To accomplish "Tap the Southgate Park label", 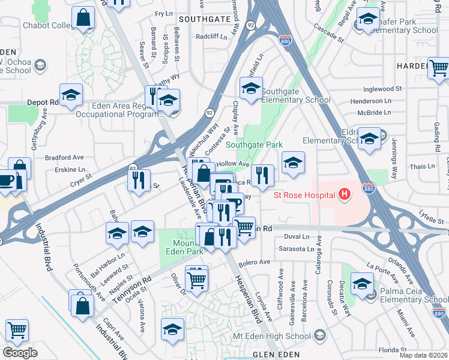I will tap(254, 145).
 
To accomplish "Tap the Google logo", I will tap(20, 353).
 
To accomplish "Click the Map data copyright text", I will tap(424, 356).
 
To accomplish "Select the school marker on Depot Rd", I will tap(71, 97).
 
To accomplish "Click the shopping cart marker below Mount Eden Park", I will tap(196, 279).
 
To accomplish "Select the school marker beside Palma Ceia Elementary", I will tap(362, 284).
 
